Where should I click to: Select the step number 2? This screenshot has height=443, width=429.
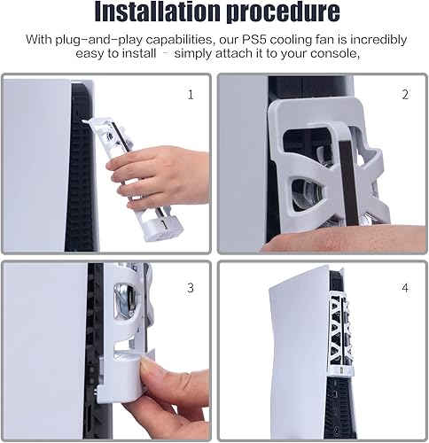click(x=404, y=94)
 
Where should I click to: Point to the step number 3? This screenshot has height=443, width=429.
click(x=190, y=287)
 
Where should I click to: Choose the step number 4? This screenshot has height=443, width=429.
click(x=404, y=287)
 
